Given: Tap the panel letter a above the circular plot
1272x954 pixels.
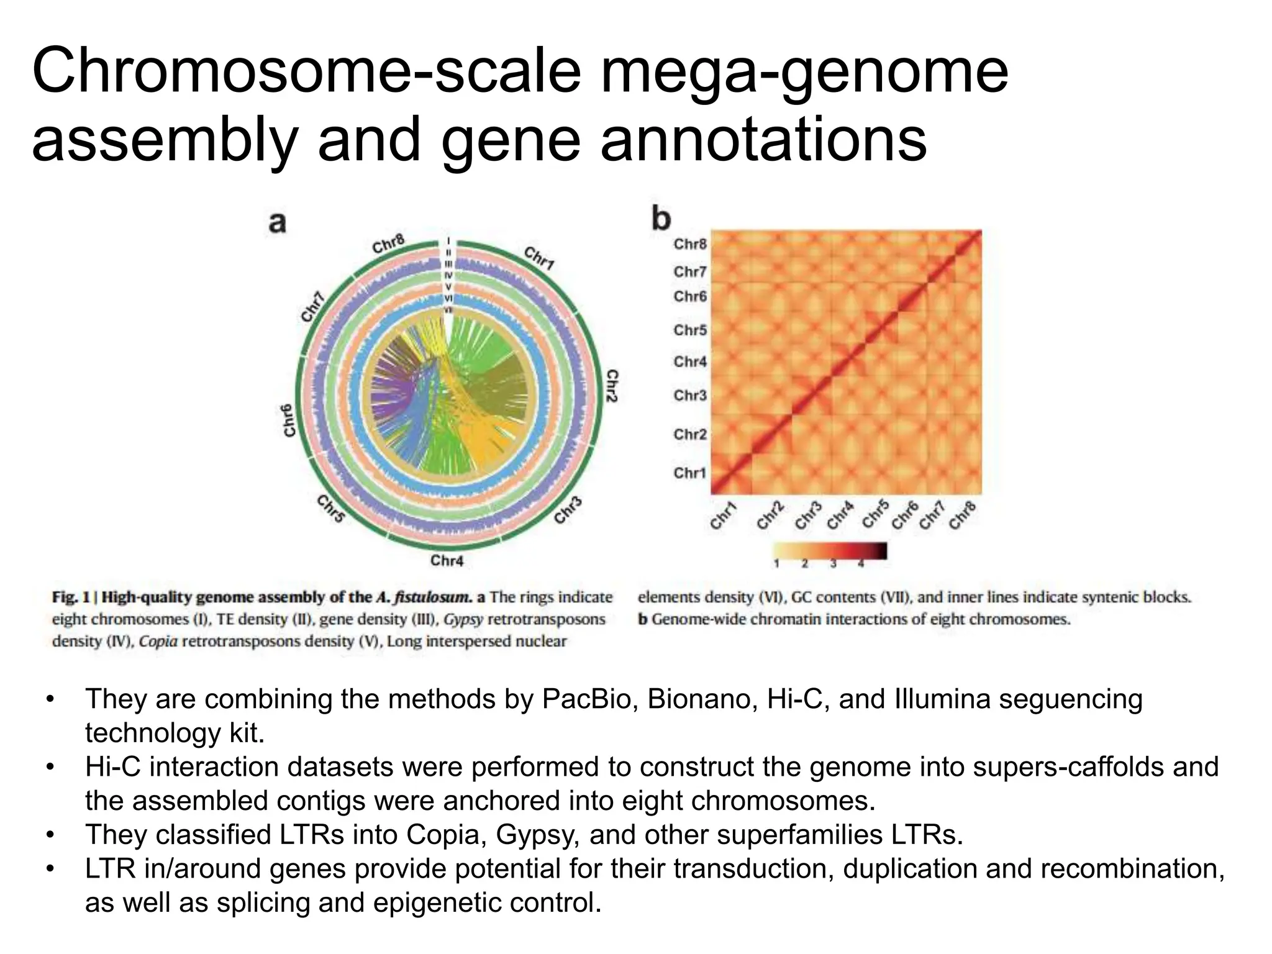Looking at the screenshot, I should [x=278, y=222].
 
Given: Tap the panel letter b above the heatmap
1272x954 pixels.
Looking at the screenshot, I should [x=661, y=219].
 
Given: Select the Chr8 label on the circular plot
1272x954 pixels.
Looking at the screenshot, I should [x=389, y=244].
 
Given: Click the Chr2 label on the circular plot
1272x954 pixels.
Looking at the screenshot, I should [x=612, y=386].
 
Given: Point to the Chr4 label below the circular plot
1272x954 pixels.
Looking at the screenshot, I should [x=447, y=561].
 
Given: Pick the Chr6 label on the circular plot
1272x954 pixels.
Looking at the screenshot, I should [x=288, y=420].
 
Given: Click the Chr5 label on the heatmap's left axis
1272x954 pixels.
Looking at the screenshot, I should [x=690, y=330].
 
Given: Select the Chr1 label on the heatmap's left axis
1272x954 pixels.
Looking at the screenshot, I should [x=690, y=473].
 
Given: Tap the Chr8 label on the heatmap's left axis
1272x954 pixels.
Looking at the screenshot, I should [x=690, y=244].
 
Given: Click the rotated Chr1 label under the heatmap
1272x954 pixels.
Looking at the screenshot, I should [x=723, y=517].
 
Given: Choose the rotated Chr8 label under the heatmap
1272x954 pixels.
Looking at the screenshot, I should [x=963, y=516].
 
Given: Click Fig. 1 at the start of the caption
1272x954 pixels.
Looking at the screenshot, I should [x=71, y=597].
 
